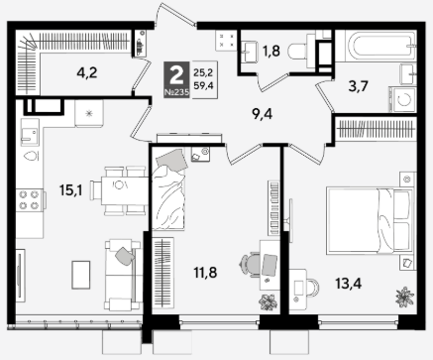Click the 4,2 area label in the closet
pyautogui.click(x=87, y=72)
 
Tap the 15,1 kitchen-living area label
pyautogui.click(x=70, y=190)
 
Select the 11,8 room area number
pyautogui.click(x=205, y=273)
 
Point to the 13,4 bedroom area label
pyautogui.click(x=349, y=284)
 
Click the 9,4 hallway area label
pyautogui.click(x=262, y=114)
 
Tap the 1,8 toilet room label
pyautogui.click(x=271, y=51)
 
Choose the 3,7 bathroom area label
pyautogui.click(x=358, y=86)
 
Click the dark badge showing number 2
pyautogui.click(x=176, y=79)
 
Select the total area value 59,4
pyautogui.click(x=203, y=86)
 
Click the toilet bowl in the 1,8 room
pyautogui.click(x=298, y=51)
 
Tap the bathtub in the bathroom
pyautogui.click(x=379, y=46)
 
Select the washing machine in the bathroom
pyautogui.click(x=402, y=99)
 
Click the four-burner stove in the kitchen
pyautogui.click(x=29, y=200)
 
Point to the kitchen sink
pyautogui.click(x=30, y=132)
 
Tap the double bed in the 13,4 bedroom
pyautogui.click(x=370, y=221)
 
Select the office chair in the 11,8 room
pyautogui.click(x=251, y=264)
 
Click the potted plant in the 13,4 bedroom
pyautogui.click(x=404, y=297)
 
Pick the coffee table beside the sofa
pyautogui.click(x=81, y=275)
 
